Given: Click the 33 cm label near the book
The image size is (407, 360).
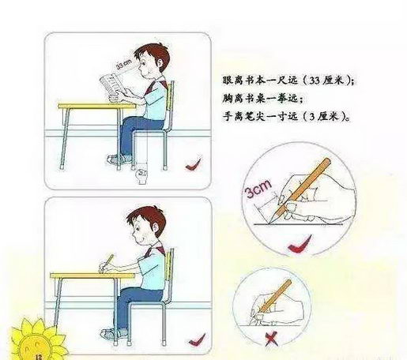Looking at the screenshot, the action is [123, 64].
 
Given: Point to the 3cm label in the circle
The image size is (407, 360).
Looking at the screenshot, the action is [258, 189].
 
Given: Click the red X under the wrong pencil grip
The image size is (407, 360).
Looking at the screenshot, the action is [271, 339].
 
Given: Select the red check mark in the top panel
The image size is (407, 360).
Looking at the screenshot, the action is [194, 164].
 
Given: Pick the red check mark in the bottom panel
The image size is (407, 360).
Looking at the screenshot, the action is [197, 339].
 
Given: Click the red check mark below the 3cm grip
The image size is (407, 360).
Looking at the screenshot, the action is [299, 244].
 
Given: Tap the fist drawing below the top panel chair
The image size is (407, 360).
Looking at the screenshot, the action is [141, 176].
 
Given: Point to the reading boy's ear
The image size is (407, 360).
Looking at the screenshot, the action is [159, 62].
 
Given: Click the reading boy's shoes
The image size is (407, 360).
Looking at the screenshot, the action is [119, 159].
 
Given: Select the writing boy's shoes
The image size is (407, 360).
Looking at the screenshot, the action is [113, 334].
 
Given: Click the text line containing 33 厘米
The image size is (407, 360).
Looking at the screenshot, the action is [288, 81].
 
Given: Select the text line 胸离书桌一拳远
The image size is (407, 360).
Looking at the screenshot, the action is [263, 99].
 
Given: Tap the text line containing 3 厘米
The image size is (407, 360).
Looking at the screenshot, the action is [286, 116].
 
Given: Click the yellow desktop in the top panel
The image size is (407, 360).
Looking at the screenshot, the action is [97, 106].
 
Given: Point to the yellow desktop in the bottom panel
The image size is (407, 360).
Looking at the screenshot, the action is [92, 276].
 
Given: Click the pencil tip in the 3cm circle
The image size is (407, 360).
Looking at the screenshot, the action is [269, 223].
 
